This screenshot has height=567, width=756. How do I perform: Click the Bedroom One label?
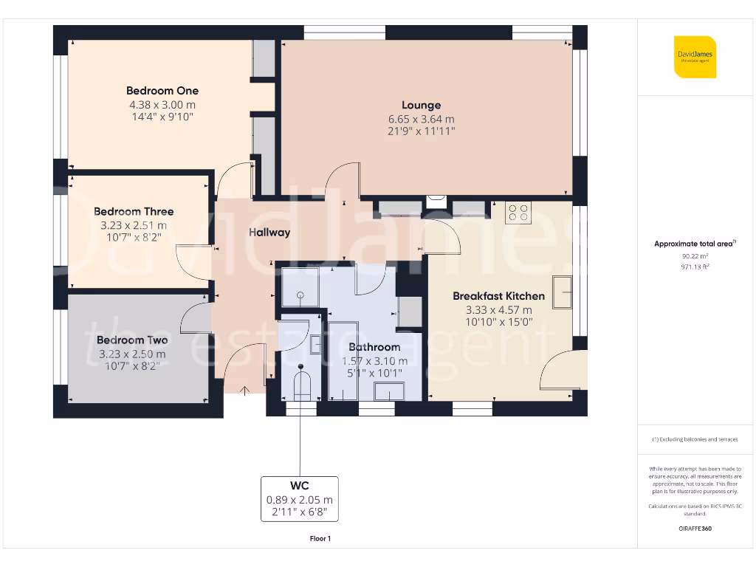click(x=162, y=91)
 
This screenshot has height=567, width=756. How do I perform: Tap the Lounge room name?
click(x=421, y=106)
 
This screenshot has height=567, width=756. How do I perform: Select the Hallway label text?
click(x=269, y=232)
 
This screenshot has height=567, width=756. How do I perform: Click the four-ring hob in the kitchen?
click(x=518, y=213)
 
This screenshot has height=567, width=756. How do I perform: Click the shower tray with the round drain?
click(x=300, y=287)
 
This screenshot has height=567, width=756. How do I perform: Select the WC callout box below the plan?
click(x=299, y=499)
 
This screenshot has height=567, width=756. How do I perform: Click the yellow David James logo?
click(x=694, y=57)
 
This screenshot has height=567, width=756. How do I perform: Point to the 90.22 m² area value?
click(x=691, y=255)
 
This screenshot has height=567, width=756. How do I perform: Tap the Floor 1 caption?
click(x=320, y=539)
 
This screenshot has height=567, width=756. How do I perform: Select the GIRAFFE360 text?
click(x=695, y=529)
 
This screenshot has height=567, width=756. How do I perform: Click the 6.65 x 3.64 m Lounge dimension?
click(x=421, y=119)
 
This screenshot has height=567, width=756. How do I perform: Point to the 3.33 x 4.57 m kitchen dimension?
click(x=498, y=310)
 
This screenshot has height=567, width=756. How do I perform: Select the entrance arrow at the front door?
click(x=245, y=391)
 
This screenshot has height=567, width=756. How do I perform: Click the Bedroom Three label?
click(x=134, y=212)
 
